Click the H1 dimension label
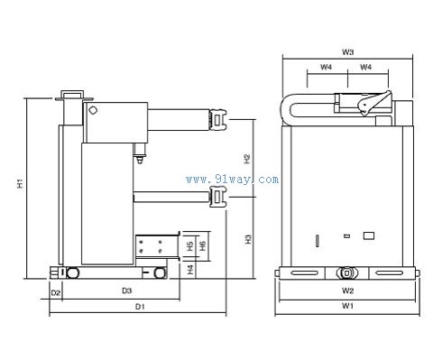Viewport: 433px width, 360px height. click(20, 183)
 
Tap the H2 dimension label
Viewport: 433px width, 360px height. click(247, 159)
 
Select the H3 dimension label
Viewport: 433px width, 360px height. click(248, 239)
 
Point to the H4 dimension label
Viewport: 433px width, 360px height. click(190, 269)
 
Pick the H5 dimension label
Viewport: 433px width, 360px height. click(190, 246)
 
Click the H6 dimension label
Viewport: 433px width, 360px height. click(203, 245)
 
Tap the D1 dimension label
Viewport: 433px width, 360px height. click(140, 307)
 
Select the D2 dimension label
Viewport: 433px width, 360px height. click(56, 292)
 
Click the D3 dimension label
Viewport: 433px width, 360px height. click(127, 291)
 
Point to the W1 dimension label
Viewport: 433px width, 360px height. click(347, 306)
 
